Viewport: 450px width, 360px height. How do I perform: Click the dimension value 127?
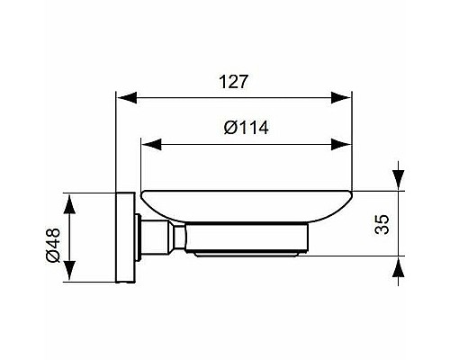point(234,80)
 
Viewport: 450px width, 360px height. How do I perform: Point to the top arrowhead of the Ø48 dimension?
point(72,199)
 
